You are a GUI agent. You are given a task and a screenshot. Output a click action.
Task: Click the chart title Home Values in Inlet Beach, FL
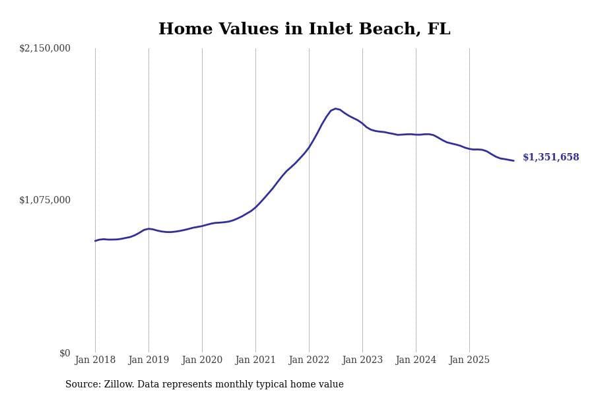click(304, 30)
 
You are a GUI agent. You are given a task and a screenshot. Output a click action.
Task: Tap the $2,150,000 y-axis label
click(45, 48)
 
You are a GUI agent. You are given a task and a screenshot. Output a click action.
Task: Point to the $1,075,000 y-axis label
click(45, 200)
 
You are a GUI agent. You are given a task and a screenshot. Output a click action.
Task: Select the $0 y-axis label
click(65, 353)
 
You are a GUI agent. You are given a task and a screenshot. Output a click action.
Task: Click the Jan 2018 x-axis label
click(95, 360)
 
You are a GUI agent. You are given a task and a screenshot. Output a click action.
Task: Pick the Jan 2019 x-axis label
click(148, 360)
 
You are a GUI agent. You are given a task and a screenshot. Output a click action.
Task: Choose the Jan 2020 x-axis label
click(202, 360)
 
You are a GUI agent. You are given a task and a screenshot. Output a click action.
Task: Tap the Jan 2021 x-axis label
click(255, 360)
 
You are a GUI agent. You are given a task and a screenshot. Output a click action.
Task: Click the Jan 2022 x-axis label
click(309, 360)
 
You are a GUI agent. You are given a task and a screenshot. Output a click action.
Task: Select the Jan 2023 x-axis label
click(362, 360)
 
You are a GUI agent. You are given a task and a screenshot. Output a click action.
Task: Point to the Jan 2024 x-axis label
click(416, 360)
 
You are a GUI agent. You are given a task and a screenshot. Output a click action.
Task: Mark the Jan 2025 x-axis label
click(469, 360)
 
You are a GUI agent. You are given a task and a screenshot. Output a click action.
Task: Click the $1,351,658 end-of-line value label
click(550, 158)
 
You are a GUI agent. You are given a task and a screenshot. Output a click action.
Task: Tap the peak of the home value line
click(335, 108)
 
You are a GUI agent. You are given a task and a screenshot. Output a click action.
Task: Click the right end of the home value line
click(513, 160)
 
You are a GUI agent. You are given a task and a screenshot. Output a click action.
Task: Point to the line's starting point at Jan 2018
click(95, 241)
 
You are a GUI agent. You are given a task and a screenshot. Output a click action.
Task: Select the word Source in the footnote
click(82, 385)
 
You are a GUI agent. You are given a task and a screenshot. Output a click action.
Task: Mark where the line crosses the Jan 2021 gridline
click(255, 207)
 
